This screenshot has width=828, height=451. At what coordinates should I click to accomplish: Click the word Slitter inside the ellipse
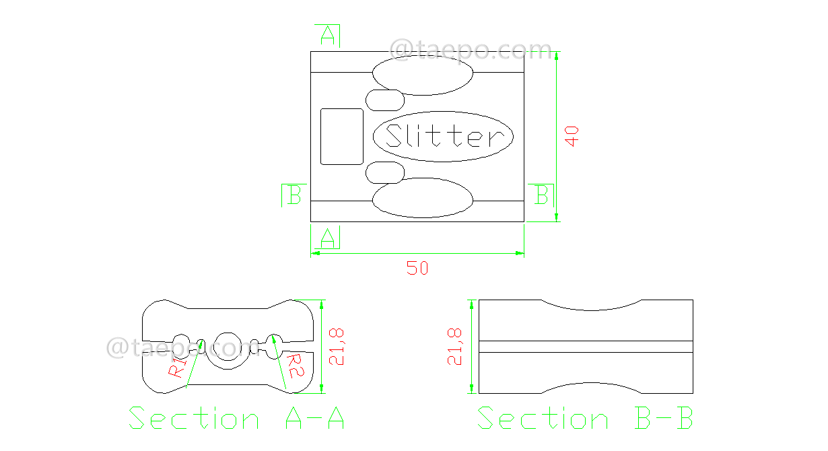click(444, 137)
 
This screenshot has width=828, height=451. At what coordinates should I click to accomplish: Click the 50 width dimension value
click(417, 268)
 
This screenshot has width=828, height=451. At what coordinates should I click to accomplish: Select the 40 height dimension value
click(572, 136)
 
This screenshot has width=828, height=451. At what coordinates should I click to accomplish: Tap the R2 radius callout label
click(296, 366)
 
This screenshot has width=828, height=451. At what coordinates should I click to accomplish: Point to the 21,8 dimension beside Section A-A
click(337, 346)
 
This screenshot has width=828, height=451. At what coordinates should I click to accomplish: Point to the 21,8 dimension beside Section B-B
click(457, 346)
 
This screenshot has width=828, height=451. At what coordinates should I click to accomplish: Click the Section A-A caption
click(236, 419)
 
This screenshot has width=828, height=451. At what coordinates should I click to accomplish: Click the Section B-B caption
click(585, 419)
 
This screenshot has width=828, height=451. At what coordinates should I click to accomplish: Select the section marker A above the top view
click(328, 35)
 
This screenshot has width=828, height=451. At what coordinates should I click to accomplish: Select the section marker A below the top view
click(328, 237)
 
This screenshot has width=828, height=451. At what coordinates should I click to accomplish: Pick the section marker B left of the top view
click(294, 195)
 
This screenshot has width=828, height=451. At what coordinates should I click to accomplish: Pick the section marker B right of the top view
click(541, 195)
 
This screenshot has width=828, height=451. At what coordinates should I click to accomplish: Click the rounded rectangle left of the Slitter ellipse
click(341, 137)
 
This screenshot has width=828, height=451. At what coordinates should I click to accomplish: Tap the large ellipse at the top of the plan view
click(423, 75)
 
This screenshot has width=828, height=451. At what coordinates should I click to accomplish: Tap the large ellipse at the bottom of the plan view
click(423, 198)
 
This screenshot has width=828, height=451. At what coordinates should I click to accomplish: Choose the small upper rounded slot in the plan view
click(384, 100)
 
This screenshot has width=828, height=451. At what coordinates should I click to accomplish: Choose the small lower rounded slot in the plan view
click(384, 172)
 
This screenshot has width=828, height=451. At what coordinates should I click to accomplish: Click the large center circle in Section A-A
click(228, 347)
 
